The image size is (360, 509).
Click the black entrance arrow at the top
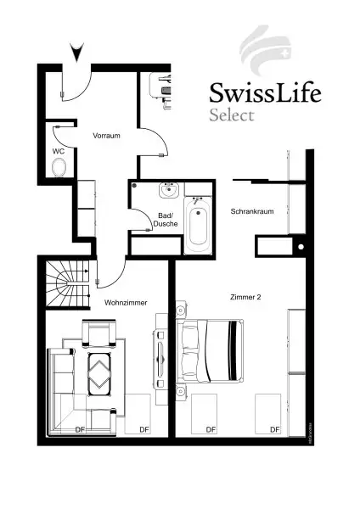(78, 53)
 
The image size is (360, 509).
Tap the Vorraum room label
(107, 135)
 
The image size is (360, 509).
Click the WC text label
(58, 150)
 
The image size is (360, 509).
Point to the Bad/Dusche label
(166, 220)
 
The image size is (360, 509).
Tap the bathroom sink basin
(171, 189)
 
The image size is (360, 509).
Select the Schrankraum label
(251, 211)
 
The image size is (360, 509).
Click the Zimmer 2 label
(246, 297)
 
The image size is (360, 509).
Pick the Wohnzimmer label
(126, 302)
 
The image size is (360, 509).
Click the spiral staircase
(68, 284)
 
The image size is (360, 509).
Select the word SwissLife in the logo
(265, 92)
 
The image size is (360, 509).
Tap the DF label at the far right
(274, 430)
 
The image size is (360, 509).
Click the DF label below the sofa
(80, 430)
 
